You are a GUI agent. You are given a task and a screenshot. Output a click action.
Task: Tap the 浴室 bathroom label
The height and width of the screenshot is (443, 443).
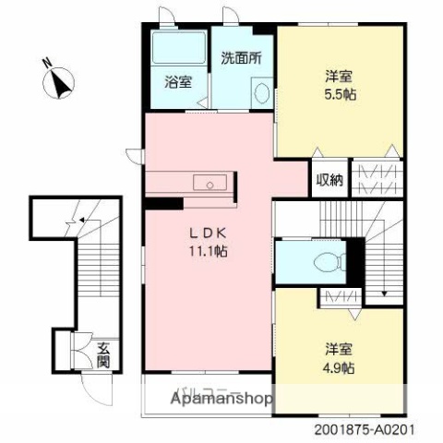tap(179, 81)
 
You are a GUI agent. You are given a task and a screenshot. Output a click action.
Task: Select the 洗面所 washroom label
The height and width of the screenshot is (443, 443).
tap(241, 57)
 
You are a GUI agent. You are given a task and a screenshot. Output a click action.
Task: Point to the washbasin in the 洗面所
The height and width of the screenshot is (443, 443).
tap(260, 93)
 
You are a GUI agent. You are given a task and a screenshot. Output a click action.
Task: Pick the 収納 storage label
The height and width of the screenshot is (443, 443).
tap(330, 180)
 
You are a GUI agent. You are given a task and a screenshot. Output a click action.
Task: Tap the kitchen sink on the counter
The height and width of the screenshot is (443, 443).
tap(211, 185)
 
